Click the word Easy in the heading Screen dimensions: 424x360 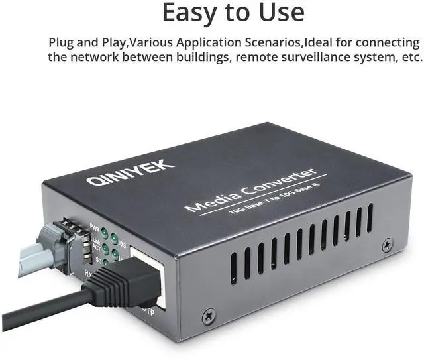pyautogui.click(x=193, y=13)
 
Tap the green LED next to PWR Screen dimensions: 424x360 pyautogui.click(x=106, y=234)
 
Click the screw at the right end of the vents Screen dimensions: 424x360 pyautogui.click(x=387, y=246)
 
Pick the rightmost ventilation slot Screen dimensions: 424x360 pyautogui.click(x=370, y=218)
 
